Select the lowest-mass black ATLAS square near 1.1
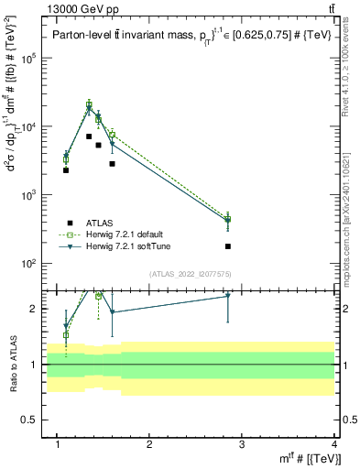pos(66,170)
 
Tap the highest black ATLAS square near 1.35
pos(89,136)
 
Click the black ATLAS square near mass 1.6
pos(112,164)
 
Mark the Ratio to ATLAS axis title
pos(13,365)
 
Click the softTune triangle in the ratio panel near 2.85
pos(228,296)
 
